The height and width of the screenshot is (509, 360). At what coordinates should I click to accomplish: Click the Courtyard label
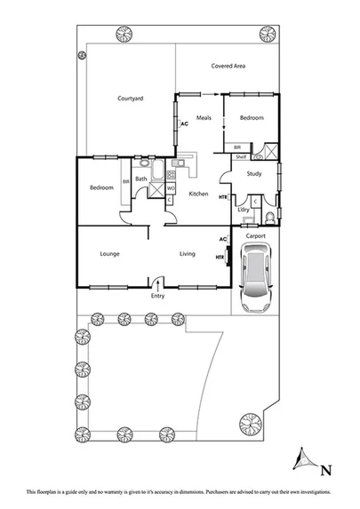pyautogui.click(x=130, y=99)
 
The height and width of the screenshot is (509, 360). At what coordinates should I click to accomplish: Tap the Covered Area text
pyautogui.click(x=228, y=66)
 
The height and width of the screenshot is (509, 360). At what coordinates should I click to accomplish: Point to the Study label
pyautogui.click(x=253, y=174)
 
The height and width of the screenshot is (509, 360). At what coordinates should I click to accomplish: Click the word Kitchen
pyautogui.click(x=197, y=194)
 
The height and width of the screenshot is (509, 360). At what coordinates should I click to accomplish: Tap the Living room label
pyautogui.click(x=187, y=254)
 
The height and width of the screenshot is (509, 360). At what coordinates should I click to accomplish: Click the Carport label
pyautogui.click(x=256, y=235)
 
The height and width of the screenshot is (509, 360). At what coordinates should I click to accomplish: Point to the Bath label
pyautogui.click(x=141, y=179)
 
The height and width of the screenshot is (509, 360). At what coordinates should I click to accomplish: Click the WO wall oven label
pyautogui.click(x=170, y=187)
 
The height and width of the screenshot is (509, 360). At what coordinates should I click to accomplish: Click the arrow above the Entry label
pyautogui.click(x=158, y=283)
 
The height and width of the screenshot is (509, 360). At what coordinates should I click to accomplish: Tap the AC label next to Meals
pyautogui.click(x=184, y=124)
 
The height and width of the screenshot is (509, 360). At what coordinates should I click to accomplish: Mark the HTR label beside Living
pyautogui.click(x=220, y=258)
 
